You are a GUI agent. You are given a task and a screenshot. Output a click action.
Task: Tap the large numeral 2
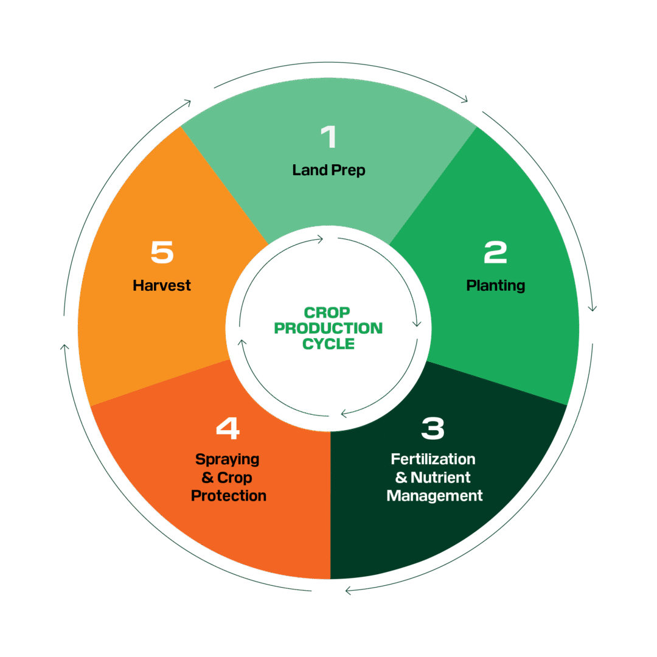pos(495,252)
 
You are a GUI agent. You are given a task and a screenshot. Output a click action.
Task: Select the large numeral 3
pos(433,429)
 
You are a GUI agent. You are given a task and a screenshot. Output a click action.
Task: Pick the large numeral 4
pos(228,429)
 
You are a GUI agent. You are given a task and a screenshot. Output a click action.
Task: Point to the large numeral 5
pos(162,252)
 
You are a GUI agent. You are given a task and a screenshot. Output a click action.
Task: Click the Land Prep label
pos(328,170)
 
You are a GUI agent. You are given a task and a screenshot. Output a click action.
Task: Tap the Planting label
pos(495,285)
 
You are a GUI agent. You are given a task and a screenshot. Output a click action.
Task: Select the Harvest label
pos(162,285)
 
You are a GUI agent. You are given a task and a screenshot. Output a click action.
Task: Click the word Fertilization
pos(433,459)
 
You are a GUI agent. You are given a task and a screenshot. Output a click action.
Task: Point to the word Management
pos(434,496)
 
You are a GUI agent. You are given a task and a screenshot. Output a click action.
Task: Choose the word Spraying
pos(227,459)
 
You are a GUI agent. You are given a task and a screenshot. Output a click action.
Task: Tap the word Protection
pos(229,496)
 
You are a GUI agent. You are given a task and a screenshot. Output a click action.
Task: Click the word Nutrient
pos(440,478)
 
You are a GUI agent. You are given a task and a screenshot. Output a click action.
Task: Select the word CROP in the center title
pos(327,313)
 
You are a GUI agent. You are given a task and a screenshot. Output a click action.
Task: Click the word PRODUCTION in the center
pos(328,328)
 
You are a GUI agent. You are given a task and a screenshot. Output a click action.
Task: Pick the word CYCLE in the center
pos(328,344)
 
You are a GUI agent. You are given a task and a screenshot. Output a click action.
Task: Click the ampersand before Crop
pos(207,478)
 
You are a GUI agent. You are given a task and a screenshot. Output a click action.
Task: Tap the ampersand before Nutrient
pos(401,478)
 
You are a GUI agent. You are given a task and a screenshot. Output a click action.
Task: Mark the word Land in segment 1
pos(309,170)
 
